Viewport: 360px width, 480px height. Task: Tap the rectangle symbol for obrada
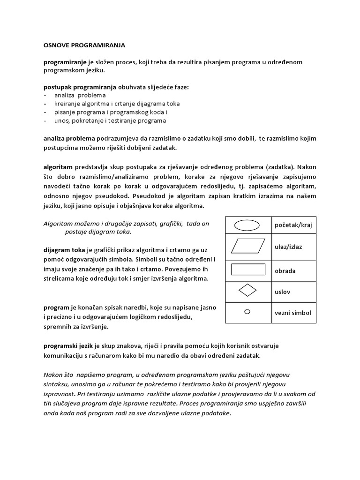click(247, 270)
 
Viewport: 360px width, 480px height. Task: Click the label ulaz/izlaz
click(288, 247)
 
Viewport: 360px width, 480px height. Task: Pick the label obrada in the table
click(285, 270)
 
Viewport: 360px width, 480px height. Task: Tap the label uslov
click(282, 292)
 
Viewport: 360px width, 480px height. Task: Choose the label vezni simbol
click(293, 313)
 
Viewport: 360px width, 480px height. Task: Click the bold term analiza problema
click(69, 138)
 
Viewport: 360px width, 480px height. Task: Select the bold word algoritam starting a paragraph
click(58, 167)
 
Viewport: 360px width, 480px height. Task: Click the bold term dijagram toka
click(64, 250)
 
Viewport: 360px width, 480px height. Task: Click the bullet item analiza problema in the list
click(80, 95)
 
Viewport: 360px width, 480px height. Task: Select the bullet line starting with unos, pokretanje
click(110, 120)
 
